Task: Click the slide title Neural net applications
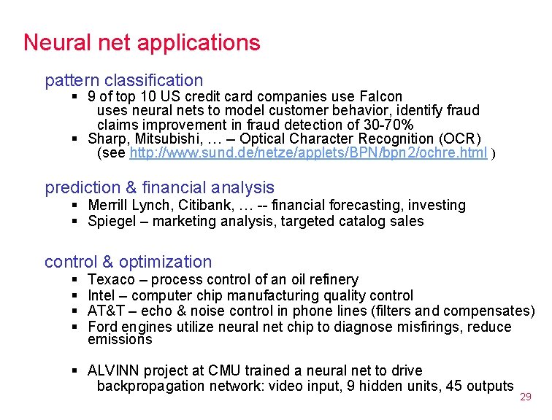point(142,42)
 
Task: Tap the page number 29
point(525,397)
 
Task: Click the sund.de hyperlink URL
point(307,153)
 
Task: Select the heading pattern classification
point(123,80)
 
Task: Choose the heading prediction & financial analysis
point(159,187)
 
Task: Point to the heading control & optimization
point(128,262)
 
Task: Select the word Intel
point(101,295)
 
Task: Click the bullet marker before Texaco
point(76,280)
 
